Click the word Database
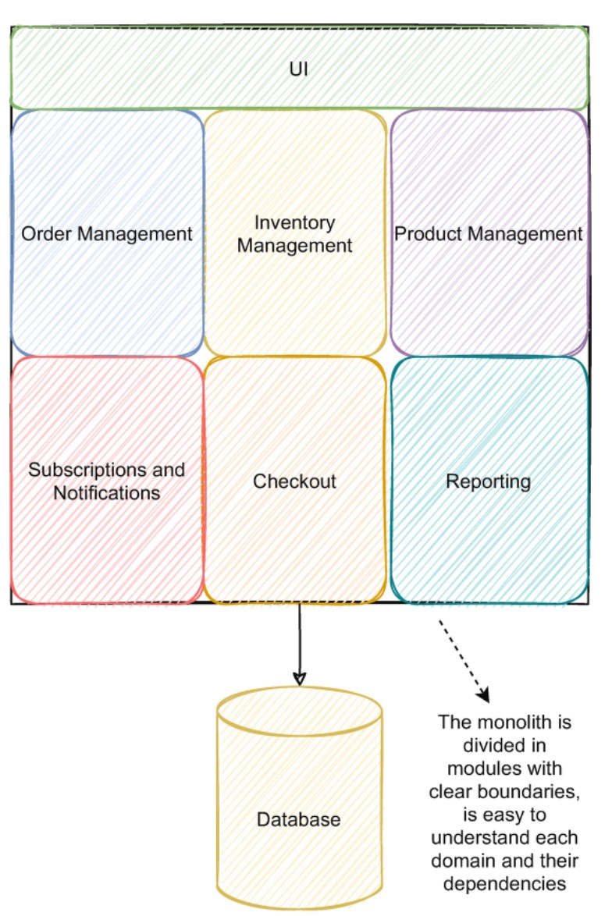click(299, 820)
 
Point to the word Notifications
click(107, 493)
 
